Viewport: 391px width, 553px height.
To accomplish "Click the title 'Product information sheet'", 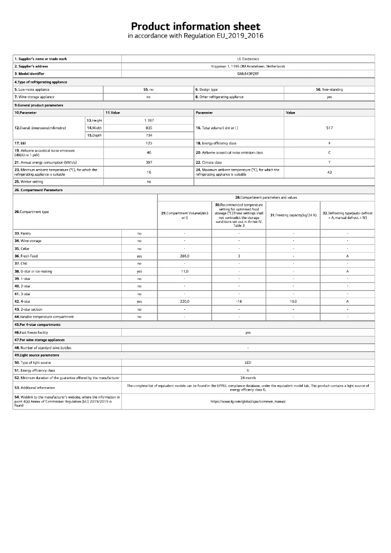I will pyautogui.click(x=195, y=26).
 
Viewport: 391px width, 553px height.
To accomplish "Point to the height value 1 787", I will pyautogui.click(x=149, y=120).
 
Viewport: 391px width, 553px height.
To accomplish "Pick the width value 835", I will pyautogui.click(x=149, y=128).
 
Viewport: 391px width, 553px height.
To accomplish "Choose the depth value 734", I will pyautogui.click(x=149, y=135).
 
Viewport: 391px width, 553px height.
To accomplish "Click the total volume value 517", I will pyautogui.click(x=329, y=128).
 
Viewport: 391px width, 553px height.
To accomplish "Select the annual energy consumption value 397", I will pyautogui.click(x=149, y=162).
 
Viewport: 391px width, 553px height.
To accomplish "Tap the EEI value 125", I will pyautogui.click(x=149, y=143).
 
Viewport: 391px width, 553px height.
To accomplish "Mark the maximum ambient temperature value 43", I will pyautogui.click(x=329, y=172).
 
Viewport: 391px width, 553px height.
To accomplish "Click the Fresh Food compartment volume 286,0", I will pyautogui.click(x=184, y=256).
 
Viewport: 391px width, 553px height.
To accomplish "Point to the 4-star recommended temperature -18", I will pyautogui.click(x=239, y=301).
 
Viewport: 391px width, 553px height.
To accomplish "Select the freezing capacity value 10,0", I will pyautogui.click(x=293, y=301).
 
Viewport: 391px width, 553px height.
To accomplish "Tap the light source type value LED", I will pyautogui.click(x=248, y=362).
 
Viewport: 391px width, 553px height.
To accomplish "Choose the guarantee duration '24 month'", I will pyautogui.click(x=248, y=377).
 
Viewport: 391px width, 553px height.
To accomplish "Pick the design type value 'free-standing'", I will pyautogui.click(x=329, y=90).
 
